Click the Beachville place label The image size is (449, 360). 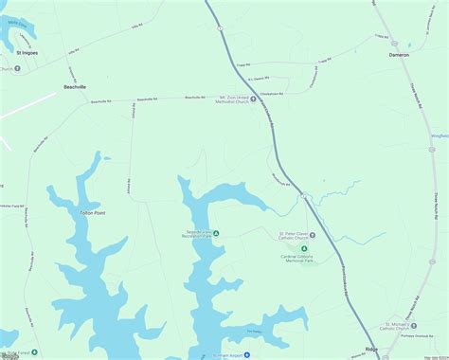[74, 86]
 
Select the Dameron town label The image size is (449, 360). [400, 55]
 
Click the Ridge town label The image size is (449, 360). [371, 349]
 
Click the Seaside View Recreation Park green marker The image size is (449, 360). [215, 233]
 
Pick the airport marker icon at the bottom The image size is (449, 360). [244, 355]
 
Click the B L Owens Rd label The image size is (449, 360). [258, 80]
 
